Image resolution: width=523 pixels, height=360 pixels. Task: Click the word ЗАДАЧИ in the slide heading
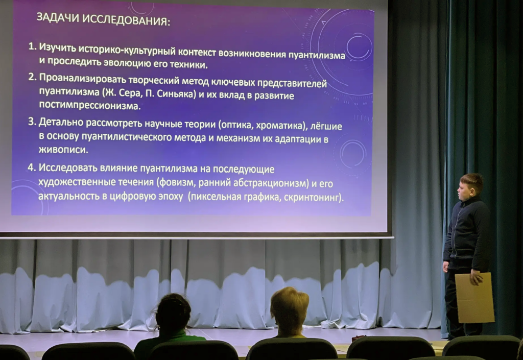pyautogui.click(x=57, y=18)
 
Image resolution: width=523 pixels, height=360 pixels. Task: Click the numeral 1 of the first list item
pyautogui.click(x=32, y=46)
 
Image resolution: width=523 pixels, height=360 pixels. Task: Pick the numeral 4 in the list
pyautogui.click(x=32, y=167)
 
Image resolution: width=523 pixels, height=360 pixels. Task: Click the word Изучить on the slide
pyautogui.click(x=58, y=47)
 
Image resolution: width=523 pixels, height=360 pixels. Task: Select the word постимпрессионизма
pyautogui.click(x=90, y=106)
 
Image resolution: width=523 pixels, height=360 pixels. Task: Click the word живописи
pyautogui.click(x=63, y=149)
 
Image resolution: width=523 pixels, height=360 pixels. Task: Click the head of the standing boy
pyautogui.click(x=470, y=187)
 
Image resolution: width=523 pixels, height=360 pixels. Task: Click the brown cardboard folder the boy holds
pyautogui.click(x=474, y=297)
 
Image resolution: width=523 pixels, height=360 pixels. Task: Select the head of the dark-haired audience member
pyautogui.click(x=173, y=314)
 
